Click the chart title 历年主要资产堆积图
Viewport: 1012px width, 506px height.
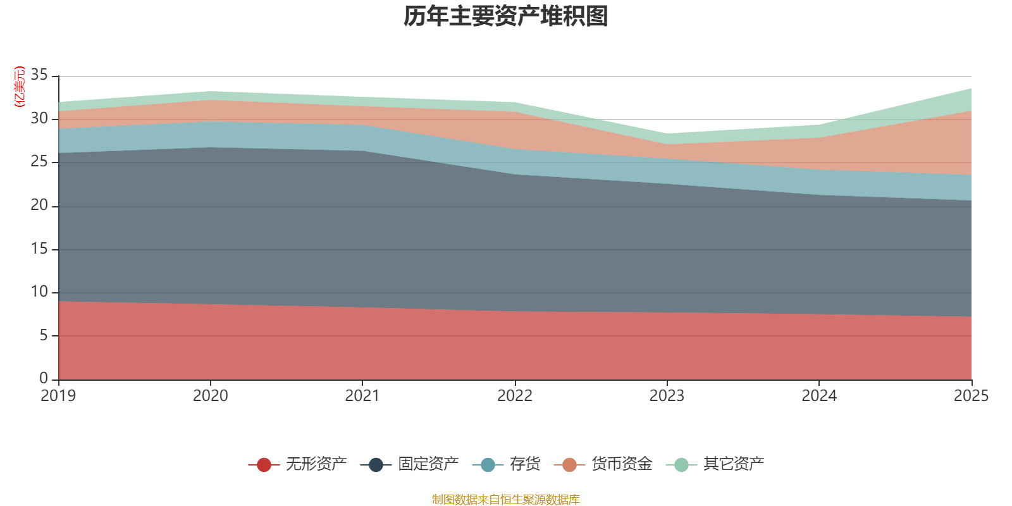(506, 16)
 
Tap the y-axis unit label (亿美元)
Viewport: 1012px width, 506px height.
(20, 87)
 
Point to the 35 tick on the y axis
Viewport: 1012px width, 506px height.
(39, 75)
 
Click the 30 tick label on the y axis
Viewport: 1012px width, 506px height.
(39, 119)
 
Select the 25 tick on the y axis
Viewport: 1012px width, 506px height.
(39, 162)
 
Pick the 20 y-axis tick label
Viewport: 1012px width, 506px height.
(39, 205)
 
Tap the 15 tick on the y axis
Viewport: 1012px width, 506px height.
(39, 249)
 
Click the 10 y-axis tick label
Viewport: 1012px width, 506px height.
(39, 292)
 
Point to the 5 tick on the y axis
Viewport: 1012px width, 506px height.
(44, 335)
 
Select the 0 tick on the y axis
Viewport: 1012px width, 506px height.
(44, 378)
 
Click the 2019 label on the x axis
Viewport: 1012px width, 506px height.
(58, 396)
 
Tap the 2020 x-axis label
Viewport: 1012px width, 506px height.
(211, 396)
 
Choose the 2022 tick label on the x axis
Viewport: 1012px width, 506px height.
(515, 396)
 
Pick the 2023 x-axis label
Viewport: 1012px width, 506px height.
(667, 396)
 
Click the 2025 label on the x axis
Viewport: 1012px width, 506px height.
(971, 396)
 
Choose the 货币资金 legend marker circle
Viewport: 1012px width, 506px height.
(569, 465)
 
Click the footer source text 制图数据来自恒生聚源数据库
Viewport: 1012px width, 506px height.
(506, 500)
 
